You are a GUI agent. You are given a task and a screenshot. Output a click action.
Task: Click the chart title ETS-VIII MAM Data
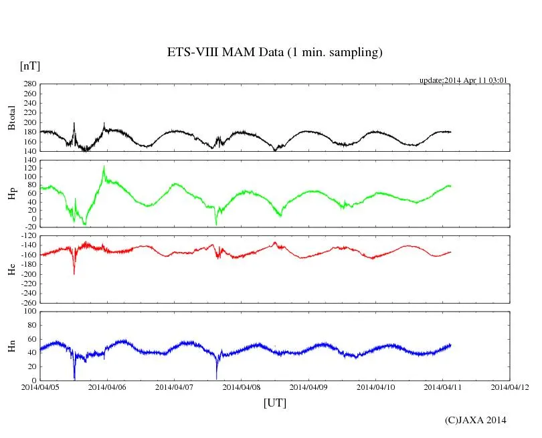(x=274, y=53)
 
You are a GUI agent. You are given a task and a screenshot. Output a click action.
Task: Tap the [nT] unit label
(x=29, y=66)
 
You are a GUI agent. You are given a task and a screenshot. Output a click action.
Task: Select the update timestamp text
(x=463, y=80)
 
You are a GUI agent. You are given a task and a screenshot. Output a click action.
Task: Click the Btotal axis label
(x=11, y=118)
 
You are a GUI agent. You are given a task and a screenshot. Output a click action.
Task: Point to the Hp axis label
(x=11, y=194)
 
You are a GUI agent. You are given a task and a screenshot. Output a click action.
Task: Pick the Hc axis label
(x=11, y=269)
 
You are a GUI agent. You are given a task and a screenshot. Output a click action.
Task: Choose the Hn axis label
(x=11, y=346)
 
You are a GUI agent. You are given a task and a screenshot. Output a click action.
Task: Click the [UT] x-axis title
(x=274, y=403)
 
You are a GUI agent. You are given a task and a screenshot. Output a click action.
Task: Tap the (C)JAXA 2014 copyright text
(x=475, y=420)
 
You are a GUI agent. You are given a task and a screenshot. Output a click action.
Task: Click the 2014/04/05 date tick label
(x=39, y=387)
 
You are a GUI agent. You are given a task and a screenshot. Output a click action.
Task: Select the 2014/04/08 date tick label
(x=241, y=387)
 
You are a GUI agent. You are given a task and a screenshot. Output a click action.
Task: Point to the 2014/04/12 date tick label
(x=509, y=387)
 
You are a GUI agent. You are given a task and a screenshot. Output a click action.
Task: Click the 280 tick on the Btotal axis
(x=27, y=85)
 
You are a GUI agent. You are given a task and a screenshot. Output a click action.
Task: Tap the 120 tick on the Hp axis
(x=27, y=169)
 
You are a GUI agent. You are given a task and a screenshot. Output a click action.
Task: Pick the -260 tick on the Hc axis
(x=25, y=303)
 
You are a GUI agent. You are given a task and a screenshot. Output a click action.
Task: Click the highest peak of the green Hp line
(x=104, y=166)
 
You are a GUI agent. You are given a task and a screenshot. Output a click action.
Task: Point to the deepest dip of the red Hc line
(x=74, y=273)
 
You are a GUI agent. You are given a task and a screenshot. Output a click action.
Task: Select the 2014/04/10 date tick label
(x=375, y=387)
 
